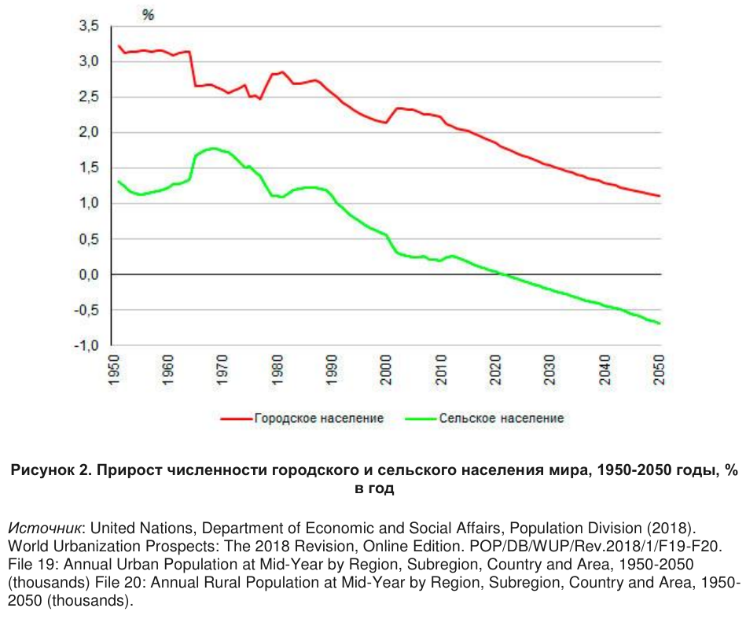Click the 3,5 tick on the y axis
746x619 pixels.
click(x=89, y=26)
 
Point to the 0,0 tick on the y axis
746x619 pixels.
click(x=89, y=274)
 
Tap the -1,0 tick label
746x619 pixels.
click(x=86, y=345)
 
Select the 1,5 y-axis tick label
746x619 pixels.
click(x=89, y=168)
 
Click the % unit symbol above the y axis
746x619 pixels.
click(x=148, y=14)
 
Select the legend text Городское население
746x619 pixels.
click(x=318, y=418)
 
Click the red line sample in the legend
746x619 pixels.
click(x=236, y=418)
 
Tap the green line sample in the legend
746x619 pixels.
click(x=421, y=418)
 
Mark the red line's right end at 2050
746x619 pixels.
click(x=659, y=196)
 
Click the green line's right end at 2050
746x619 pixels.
click(x=659, y=323)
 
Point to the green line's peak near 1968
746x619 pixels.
click(x=211, y=148)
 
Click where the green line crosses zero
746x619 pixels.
click(x=505, y=274)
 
